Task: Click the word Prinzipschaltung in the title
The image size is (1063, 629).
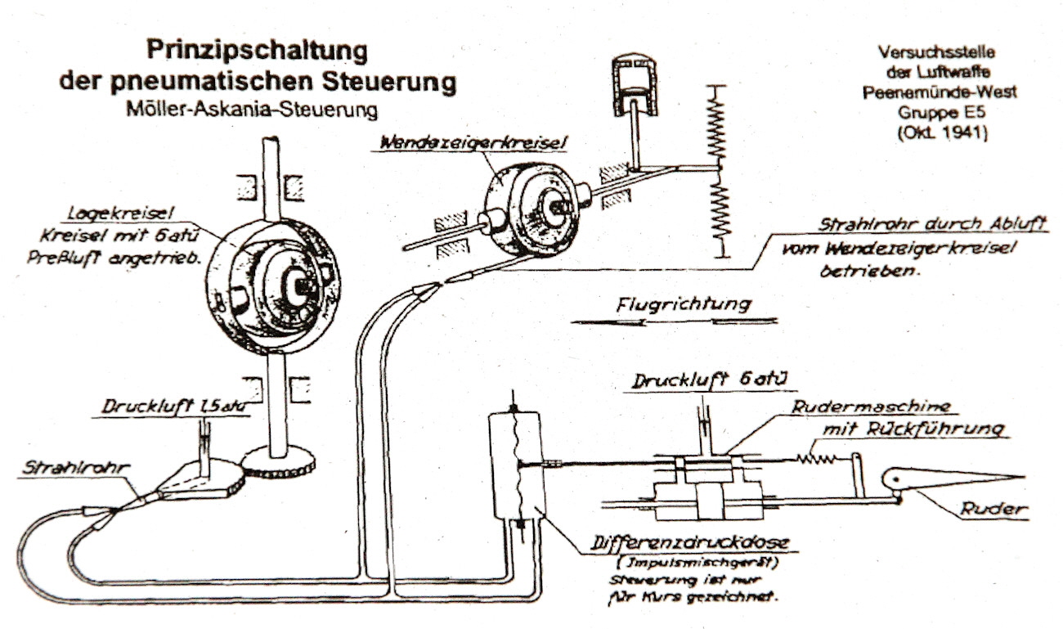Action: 257,51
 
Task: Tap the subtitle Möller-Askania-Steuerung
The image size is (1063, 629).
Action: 258,108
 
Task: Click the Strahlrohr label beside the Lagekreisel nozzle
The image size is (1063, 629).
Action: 77,467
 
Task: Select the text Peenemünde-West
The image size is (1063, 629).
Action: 940,92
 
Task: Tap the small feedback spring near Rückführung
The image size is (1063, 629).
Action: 819,460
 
